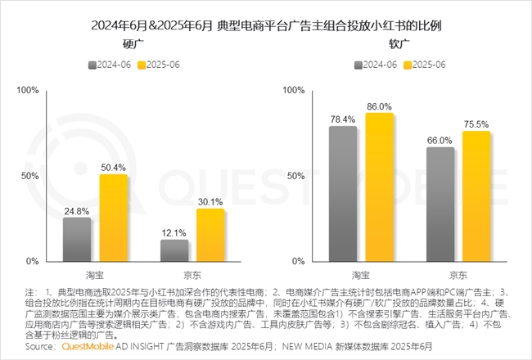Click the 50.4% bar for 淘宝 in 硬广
pos(114,218)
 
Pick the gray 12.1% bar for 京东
pos(174,250)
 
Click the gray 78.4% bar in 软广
pos(343,194)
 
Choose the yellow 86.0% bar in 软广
pos(379,187)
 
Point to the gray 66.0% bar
pos(440,205)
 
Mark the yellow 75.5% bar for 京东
pos(476,196)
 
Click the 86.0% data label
pos(379,106)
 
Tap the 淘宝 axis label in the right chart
pos(361,274)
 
